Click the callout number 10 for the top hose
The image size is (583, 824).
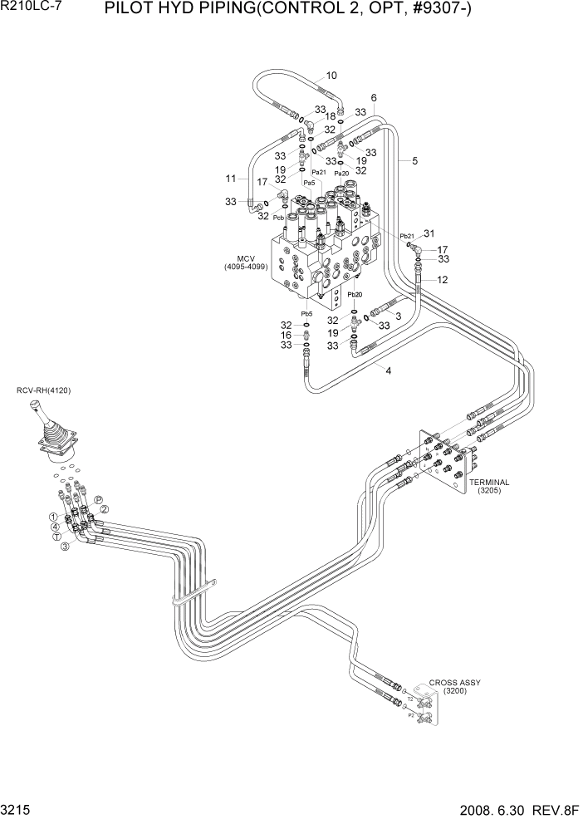tap(331, 76)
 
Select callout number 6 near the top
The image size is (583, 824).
tap(375, 97)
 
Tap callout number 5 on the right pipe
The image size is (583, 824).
tap(414, 161)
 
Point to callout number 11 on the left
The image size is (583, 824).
tap(232, 178)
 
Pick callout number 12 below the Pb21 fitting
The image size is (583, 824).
tap(443, 280)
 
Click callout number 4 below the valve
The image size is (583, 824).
tap(388, 370)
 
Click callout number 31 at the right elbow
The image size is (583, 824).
tap(429, 233)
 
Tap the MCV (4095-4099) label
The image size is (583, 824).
tap(241, 262)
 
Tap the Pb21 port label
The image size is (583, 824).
tap(407, 236)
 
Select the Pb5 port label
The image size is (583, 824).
tap(306, 314)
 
